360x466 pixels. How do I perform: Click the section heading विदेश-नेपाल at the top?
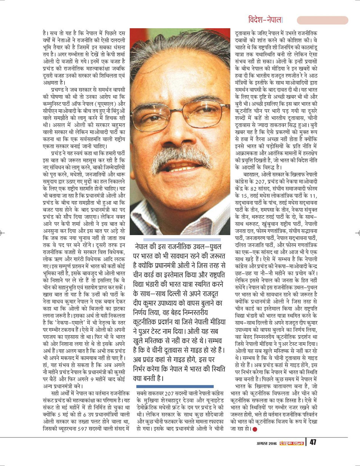pos(265,20)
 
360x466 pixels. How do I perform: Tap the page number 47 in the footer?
pos(313,442)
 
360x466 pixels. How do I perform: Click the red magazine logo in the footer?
pos(292,443)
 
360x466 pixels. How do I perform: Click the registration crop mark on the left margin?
pos(2,232)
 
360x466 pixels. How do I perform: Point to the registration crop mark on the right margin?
pos(357,232)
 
